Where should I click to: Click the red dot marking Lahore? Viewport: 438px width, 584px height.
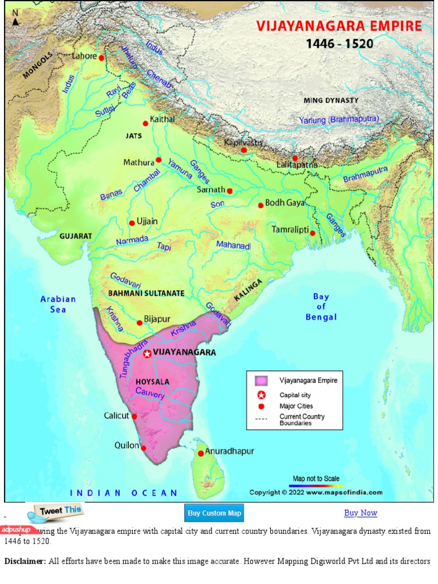coord(102,58)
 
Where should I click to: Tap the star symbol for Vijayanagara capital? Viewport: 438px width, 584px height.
coord(147,354)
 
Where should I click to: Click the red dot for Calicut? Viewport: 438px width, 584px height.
coord(134,416)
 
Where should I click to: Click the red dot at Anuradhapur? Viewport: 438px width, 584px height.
coord(201,453)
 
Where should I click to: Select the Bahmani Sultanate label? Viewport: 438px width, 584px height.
coord(146,293)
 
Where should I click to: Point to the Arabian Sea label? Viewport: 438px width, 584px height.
coord(58,304)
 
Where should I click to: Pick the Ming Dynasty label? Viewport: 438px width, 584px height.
coord(331,100)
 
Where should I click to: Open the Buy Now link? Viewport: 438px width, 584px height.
coord(360,513)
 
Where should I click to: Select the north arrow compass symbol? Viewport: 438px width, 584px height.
coord(15,18)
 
